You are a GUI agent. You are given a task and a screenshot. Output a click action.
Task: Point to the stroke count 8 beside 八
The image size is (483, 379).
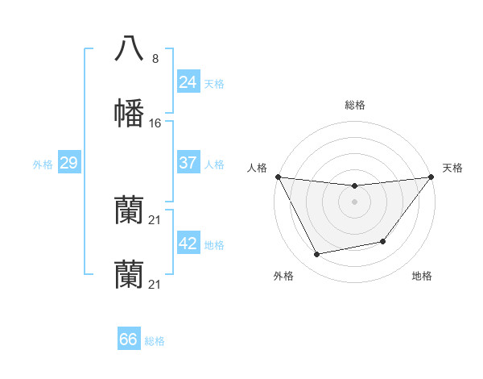coord(155,58)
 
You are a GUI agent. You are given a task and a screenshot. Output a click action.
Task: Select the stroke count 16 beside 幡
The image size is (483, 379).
coord(155,123)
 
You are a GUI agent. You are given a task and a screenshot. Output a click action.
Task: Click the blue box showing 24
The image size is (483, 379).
coord(188,82)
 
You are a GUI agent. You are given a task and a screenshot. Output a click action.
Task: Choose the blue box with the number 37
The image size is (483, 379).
coord(188,163)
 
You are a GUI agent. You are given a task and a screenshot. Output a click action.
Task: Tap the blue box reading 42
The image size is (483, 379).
coord(188,244)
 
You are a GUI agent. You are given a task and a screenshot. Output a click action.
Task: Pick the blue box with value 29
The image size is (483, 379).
coord(68,163)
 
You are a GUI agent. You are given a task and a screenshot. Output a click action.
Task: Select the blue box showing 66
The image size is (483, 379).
coord(128,339)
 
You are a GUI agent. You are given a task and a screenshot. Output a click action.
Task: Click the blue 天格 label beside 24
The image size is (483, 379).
coord(214,84)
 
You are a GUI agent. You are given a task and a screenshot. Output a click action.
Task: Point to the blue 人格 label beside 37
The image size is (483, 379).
coord(214,165)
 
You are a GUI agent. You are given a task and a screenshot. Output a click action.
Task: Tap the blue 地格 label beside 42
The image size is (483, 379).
coord(214,245)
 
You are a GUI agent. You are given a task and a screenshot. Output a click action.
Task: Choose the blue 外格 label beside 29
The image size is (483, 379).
coord(43,165)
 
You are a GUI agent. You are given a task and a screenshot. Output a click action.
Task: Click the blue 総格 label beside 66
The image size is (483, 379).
coord(155,341)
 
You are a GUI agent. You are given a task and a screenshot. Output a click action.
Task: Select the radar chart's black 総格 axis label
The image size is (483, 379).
coord(355,105)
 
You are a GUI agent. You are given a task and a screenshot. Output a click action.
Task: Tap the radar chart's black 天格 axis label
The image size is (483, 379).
coord(453,168)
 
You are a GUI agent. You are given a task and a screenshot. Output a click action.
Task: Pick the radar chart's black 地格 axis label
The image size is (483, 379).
coord(422,276)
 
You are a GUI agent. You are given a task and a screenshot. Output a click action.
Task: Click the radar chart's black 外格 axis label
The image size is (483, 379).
coord(283,276)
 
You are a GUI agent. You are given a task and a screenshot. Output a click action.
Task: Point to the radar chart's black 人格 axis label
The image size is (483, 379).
coord(258,168)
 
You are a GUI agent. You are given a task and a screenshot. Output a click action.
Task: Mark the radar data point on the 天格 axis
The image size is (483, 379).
coord(431,177)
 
